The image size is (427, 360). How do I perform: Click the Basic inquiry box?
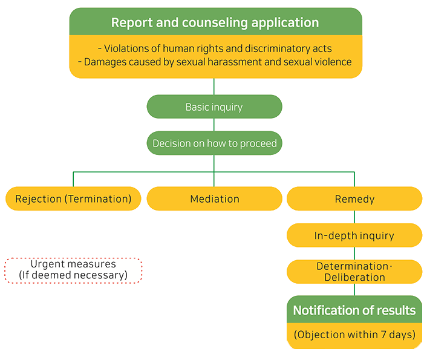pos(214,107)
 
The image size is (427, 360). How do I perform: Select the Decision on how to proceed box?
pos(214,143)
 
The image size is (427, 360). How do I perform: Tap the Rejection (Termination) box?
pos(73,198)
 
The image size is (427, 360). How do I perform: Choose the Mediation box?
pos(214,198)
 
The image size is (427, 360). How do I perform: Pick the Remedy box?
pos(354,198)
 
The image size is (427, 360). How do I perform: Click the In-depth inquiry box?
pos(354,235)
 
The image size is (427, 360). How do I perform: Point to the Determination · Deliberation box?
pos(354,272)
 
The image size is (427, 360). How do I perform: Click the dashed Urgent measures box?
pos(73,270)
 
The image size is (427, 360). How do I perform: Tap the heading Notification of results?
pos(354,310)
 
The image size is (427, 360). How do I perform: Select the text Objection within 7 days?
pos(354,335)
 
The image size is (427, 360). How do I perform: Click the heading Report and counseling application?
pos(215,23)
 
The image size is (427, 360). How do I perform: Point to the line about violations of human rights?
pos(215,48)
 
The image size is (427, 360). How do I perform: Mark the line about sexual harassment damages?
pos(215,62)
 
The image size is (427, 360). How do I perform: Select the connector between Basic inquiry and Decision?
pos(214,125)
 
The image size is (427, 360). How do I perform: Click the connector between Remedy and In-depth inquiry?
pos(354,217)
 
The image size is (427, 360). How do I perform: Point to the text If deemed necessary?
pos(73,275)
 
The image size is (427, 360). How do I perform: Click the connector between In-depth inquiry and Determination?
pos(354,254)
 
